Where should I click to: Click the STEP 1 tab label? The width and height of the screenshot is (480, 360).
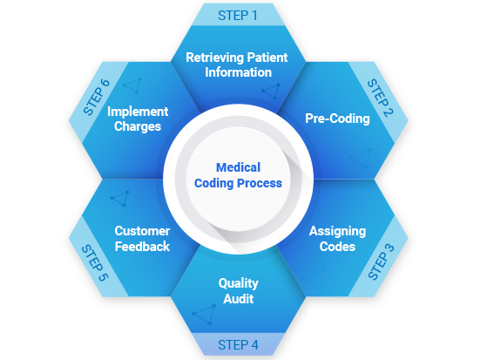pos(238,16)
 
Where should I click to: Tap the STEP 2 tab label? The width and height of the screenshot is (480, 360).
pos(380,98)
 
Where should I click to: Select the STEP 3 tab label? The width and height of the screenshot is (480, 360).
pos(381,262)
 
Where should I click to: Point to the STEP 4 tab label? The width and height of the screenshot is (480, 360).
pos(238,345)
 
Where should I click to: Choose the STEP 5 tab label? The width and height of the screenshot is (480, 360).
pos(95,262)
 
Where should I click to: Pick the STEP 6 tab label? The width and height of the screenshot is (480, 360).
pos(96,97)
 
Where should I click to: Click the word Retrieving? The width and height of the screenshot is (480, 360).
pos(214,58)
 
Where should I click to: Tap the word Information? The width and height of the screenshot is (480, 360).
pos(238,72)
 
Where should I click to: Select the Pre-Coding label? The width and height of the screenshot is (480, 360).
pos(337,119)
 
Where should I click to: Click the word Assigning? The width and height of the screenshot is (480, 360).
pos(337,231)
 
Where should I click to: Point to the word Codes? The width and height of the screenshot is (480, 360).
pos(337,247)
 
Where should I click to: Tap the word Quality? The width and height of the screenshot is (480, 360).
pos(239,283)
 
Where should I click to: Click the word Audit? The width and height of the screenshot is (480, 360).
pos(239,299)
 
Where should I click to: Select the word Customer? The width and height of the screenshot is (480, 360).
pos(142,231)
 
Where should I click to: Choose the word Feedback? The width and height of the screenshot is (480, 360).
pos(142,247)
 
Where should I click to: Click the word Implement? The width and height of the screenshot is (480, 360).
pos(138,112)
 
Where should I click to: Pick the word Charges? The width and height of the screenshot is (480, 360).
pos(138,126)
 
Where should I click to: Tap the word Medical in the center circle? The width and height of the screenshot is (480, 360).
pos(238,167)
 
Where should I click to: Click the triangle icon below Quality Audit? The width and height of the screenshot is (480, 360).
pos(204,315)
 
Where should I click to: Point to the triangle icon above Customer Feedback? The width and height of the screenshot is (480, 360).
pos(120,199)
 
